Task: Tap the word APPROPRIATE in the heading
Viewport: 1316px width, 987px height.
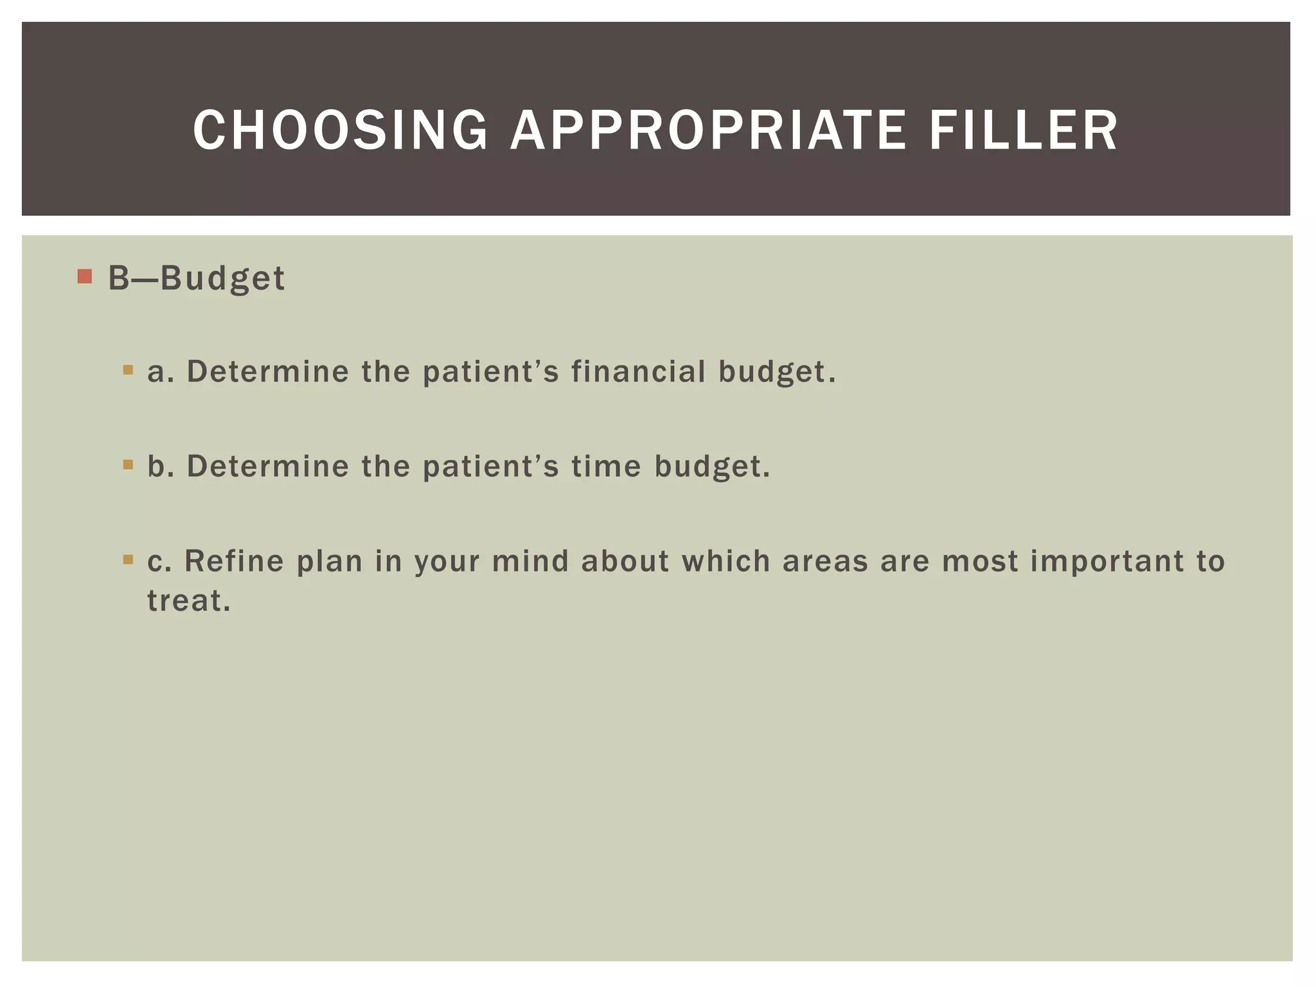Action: click(708, 130)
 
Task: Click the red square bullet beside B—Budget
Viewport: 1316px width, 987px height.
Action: click(84, 277)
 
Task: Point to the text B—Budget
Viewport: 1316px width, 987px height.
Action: click(196, 279)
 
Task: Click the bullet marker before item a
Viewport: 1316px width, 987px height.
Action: click(128, 370)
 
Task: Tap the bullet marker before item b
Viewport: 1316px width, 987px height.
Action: click(128, 465)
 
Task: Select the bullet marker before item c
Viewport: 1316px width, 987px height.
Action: click(128, 560)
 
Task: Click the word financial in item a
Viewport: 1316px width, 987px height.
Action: click(638, 371)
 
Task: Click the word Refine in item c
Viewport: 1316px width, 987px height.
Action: click(234, 561)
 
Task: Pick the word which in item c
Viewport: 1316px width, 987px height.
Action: click(725, 561)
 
